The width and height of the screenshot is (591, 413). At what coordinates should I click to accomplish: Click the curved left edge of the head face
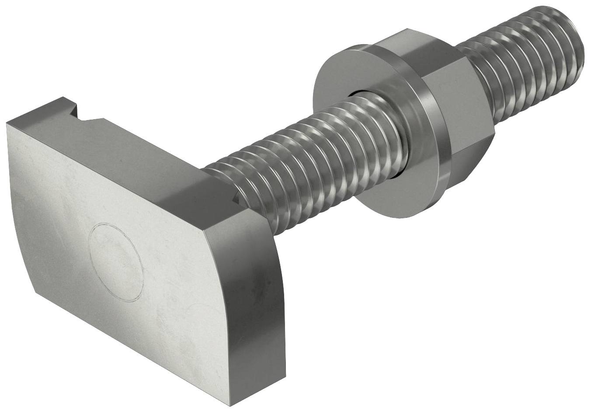click(20, 218)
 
